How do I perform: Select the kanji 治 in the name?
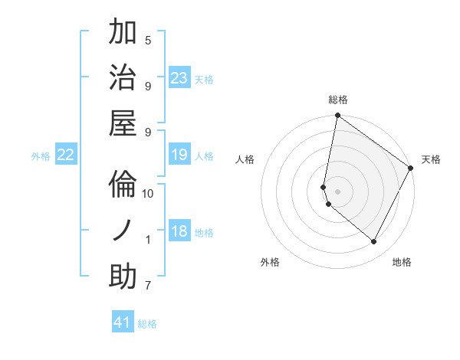click(x=123, y=77)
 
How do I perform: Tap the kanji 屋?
click(x=123, y=123)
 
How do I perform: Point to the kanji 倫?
click(x=123, y=185)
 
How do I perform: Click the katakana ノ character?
click(x=123, y=231)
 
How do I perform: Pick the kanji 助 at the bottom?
click(x=123, y=277)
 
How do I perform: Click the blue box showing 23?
click(x=179, y=77)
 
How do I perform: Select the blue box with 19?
click(x=179, y=155)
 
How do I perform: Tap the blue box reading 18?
click(x=179, y=231)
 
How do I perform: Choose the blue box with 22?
click(x=66, y=155)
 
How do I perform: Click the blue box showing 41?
click(x=123, y=322)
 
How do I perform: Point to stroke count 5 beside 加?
click(x=148, y=40)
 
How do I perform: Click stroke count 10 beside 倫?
click(x=148, y=194)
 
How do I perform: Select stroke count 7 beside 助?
click(x=148, y=286)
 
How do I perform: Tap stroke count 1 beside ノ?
click(x=148, y=240)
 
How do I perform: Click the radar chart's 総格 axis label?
click(x=337, y=100)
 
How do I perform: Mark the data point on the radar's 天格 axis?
click(x=412, y=169)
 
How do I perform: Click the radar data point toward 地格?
click(x=374, y=242)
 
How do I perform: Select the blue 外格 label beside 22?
click(x=41, y=155)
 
